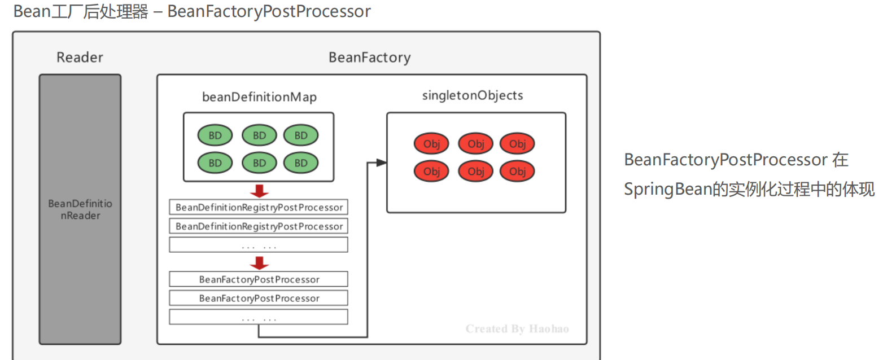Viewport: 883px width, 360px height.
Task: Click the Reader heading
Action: [x=80, y=57]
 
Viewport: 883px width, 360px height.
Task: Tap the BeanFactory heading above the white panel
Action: [x=369, y=57]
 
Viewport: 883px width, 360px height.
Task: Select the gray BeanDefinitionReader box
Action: [x=80, y=209]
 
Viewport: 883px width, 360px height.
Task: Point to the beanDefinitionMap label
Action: [x=259, y=97]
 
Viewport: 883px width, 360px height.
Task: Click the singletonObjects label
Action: [x=473, y=95]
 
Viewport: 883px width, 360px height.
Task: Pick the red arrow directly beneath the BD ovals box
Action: [x=259, y=190]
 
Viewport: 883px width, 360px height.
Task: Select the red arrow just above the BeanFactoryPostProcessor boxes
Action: [x=259, y=262]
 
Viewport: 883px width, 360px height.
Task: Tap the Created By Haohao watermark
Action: [x=517, y=328]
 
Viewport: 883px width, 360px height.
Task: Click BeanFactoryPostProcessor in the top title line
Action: [x=269, y=11]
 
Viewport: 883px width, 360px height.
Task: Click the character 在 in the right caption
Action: [x=841, y=160]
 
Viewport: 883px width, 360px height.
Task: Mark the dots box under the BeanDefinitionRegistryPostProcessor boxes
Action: [x=259, y=245]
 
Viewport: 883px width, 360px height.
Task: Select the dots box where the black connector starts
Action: [x=259, y=317]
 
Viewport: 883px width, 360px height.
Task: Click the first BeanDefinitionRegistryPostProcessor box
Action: [x=259, y=207]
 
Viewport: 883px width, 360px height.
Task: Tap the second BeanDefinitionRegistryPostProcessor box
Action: [x=259, y=226]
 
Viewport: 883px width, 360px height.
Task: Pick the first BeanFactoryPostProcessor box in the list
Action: [x=259, y=279]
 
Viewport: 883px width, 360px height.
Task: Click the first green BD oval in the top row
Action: [x=215, y=135]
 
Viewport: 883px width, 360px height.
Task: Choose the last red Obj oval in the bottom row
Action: [x=517, y=171]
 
